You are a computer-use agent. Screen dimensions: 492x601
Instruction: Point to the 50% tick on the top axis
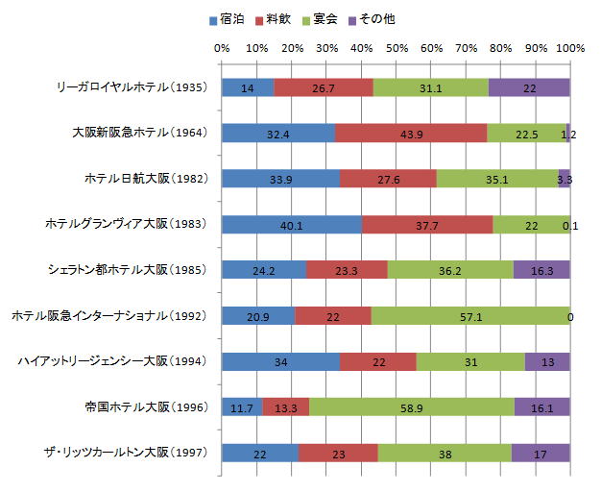click(396, 47)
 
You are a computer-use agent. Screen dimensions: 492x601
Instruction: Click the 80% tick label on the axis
click(501, 47)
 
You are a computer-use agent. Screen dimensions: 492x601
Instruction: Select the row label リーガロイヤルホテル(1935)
click(132, 87)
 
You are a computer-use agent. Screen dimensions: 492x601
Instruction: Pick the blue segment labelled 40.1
click(291, 225)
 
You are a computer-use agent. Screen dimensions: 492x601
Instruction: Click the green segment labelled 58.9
click(411, 407)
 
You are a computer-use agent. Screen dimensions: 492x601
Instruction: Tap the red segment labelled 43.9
click(410, 134)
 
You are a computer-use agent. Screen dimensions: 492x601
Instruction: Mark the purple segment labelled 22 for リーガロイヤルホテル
click(529, 87)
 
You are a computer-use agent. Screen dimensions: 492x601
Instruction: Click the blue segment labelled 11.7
click(241, 407)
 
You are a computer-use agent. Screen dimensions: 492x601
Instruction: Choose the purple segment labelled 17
click(541, 453)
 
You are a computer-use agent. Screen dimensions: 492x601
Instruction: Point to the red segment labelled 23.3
click(347, 270)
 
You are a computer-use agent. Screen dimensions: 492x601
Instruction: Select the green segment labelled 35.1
click(497, 179)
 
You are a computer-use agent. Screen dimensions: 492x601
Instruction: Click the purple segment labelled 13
click(547, 361)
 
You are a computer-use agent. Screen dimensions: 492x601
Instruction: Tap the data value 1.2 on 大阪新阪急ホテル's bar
click(567, 134)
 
